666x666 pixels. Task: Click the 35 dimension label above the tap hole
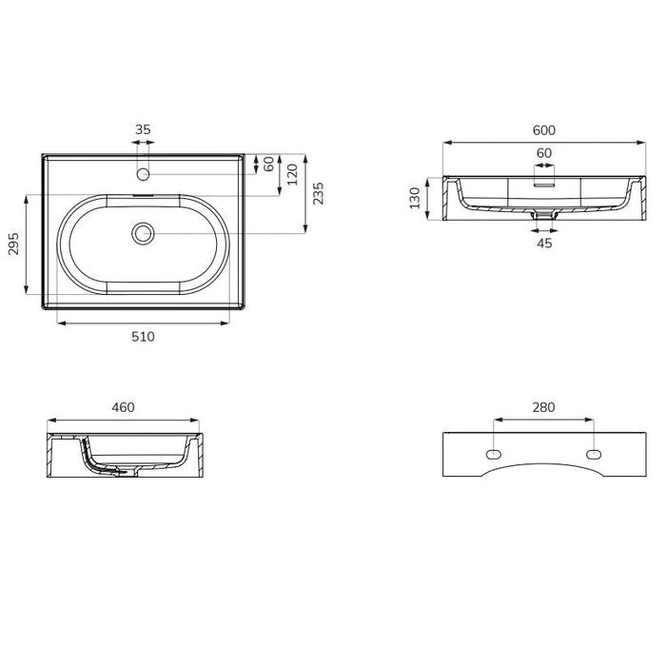pyautogui.click(x=143, y=129)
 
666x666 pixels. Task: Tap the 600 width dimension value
pyautogui.click(x=543, y=130)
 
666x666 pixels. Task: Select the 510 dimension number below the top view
pyautogui.click(x=143, y=337)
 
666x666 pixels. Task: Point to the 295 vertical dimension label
pyautogui.click(x=13, y=244)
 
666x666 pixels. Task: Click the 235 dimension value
pyautogui.click(x=318, y=194)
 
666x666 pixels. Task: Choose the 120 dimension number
pyautogui.click(x=292, y=174)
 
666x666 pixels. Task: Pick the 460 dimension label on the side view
pyautogui.click(x=123, y=407)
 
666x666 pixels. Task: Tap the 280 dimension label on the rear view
pyautogui.click(x=543, y=407)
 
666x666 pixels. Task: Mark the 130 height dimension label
pyautogui.click(x=415, y=198)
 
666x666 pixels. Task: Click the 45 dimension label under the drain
pyautogui.click(x=544, y=244)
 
